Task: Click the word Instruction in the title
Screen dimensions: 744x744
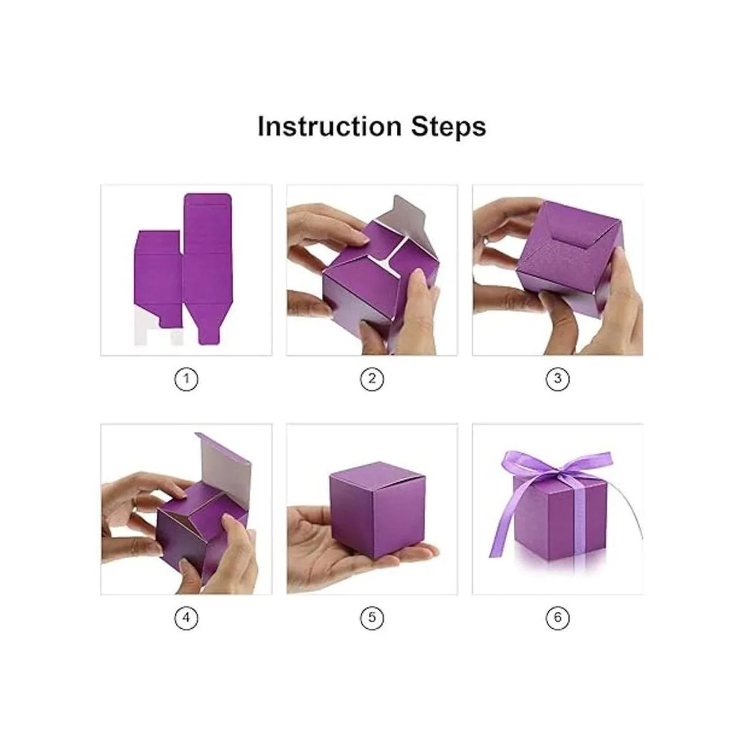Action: coord(329,126)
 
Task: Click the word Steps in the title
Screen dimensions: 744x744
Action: coord(448,126)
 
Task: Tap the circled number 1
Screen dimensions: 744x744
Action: coord(187,379)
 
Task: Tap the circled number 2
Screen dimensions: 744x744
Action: coord(372,379)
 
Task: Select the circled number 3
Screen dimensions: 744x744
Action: coord(557,379)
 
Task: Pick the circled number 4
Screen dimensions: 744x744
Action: coord(187,618)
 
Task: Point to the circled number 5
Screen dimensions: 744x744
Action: coord(372,618)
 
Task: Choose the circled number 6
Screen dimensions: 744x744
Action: coord(557,618)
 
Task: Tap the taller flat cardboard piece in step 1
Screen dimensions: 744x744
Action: coord(207,268)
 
